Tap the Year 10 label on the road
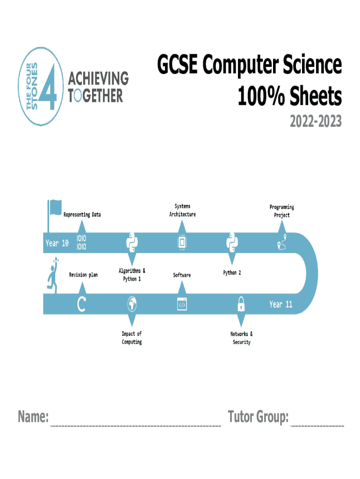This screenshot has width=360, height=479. (x=57, y=243)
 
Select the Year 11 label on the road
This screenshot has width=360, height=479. (x=281, y=305)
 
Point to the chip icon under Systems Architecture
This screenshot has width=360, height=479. (x=181, y=243)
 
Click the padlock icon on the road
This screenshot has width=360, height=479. (x=241, y=305)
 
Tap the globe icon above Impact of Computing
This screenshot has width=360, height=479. (x=132, y=305)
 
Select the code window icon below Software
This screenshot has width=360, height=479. (x=181, y=305)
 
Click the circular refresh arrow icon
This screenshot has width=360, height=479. (x=81, y=305)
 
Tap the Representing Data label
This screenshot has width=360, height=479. (x=82, y=215)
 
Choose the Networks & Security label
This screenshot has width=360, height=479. (x=241, y=338)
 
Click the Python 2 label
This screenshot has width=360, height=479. (x=232, y=273)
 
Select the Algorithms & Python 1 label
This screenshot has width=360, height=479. (x=132, y=275)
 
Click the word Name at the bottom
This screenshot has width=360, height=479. (x=33, y=416)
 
